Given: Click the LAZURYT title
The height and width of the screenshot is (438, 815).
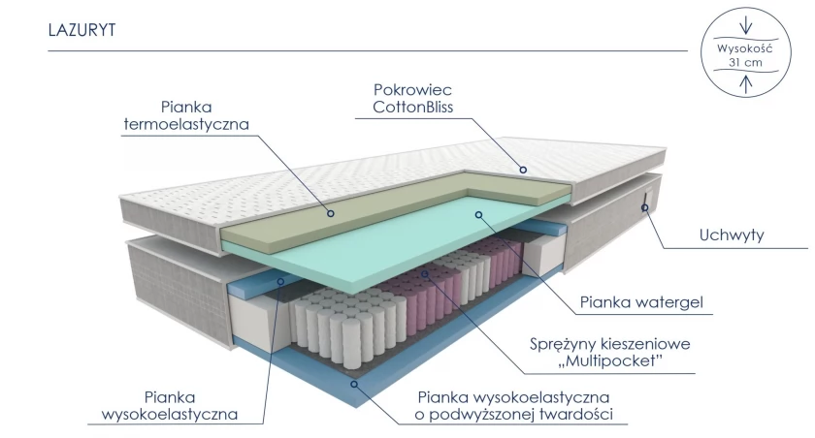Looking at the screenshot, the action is click(81, 30).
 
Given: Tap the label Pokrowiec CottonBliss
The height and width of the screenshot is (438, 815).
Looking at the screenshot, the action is click(412, 98).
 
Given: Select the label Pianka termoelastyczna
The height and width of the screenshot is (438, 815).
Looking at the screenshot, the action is click(186, 115).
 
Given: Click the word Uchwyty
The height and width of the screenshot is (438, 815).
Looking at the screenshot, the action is click(732, 235).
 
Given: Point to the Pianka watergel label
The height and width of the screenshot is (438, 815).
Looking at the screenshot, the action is click(641, 302).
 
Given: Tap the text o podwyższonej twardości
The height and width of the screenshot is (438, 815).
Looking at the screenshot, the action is click(513, 415).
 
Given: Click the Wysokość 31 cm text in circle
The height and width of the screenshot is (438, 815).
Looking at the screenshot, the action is click(745, 55).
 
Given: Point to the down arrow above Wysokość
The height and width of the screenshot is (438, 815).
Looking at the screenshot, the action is click(746, 24).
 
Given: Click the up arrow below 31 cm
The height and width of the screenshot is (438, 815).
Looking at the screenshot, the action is click(746, 84).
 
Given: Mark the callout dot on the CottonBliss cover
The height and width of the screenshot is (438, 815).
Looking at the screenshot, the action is click(523, 170).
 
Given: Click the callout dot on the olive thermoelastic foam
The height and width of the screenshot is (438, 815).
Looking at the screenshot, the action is click(330, 213).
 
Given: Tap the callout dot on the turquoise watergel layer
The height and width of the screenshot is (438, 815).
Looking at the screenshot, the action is click(478, 214).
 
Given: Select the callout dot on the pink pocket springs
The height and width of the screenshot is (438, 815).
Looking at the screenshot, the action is click(425, 273).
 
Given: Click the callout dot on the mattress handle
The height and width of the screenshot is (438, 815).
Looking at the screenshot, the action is click(644, 207).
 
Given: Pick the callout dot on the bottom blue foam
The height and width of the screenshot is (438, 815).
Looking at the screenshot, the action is click(354, 384).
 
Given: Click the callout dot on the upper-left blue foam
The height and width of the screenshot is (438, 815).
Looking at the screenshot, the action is click(280, 281).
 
